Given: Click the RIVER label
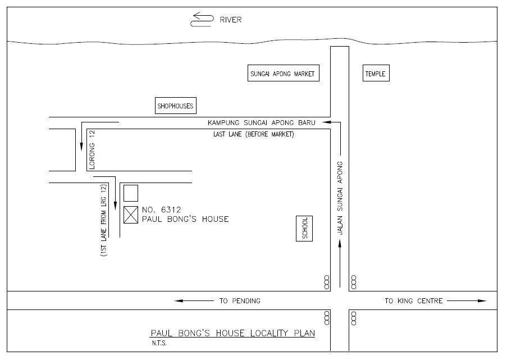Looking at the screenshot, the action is click(231, 20).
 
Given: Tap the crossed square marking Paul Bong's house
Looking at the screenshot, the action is click(131, 215).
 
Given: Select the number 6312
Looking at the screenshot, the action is click(171, 209).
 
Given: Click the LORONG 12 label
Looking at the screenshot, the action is click(92, 149).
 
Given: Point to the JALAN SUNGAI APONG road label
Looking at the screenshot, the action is click(340, 198).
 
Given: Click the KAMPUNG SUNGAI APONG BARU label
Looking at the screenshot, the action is click(261, 123).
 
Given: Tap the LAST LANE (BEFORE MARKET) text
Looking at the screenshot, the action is click(254, 134).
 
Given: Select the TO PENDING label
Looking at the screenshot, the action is click(240, 301).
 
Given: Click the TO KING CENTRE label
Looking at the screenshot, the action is click(414, 301).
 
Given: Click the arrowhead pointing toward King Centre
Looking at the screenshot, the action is click(482, 301).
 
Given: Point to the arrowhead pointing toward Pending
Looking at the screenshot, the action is click(179, 301).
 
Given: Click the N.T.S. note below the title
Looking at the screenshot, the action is click(159, 344).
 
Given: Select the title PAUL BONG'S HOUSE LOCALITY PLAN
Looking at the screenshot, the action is click(233, 333).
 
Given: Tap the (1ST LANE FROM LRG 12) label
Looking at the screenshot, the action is click(103, 220).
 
